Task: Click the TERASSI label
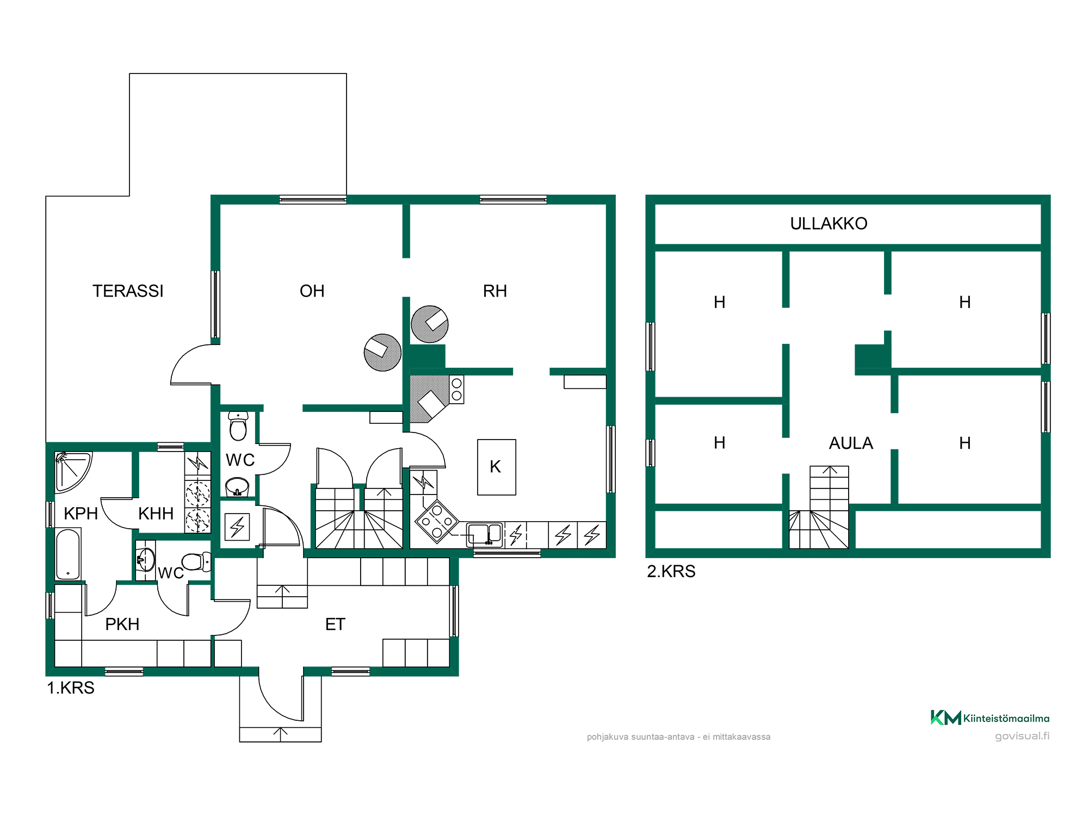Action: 128,291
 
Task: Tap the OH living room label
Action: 312,291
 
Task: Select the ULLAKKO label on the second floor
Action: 829,224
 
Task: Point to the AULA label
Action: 851,443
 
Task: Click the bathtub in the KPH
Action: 68,554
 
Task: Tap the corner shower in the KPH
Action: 72,471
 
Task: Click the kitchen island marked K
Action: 496,467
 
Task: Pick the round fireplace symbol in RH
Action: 429,324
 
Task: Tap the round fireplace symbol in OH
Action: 382,353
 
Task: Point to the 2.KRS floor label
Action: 671,571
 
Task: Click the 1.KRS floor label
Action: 71,688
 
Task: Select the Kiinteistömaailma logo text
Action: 1006,718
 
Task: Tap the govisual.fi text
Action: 1022,736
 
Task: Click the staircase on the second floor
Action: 819,507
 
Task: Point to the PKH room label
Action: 122,624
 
